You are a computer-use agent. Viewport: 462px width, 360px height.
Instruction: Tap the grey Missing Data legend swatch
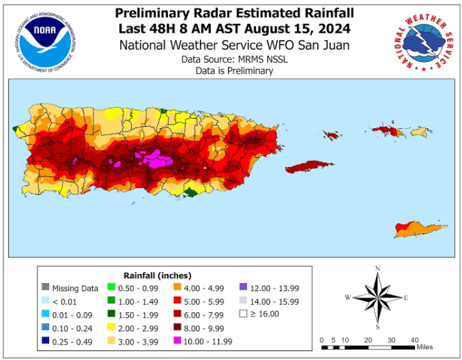[46, 288]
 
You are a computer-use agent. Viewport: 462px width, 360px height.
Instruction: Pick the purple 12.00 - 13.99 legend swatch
[244, 288]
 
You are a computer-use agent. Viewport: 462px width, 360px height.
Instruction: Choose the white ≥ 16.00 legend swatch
[244, 314]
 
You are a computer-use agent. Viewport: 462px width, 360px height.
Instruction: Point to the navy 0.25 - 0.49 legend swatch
[46, 340]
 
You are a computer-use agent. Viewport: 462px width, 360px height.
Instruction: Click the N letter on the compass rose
[377, 268]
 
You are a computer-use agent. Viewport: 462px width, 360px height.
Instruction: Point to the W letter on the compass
[348, 297]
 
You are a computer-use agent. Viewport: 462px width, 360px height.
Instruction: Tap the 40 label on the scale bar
[414, 340]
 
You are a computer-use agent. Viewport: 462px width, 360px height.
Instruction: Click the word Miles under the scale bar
[424, 348]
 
